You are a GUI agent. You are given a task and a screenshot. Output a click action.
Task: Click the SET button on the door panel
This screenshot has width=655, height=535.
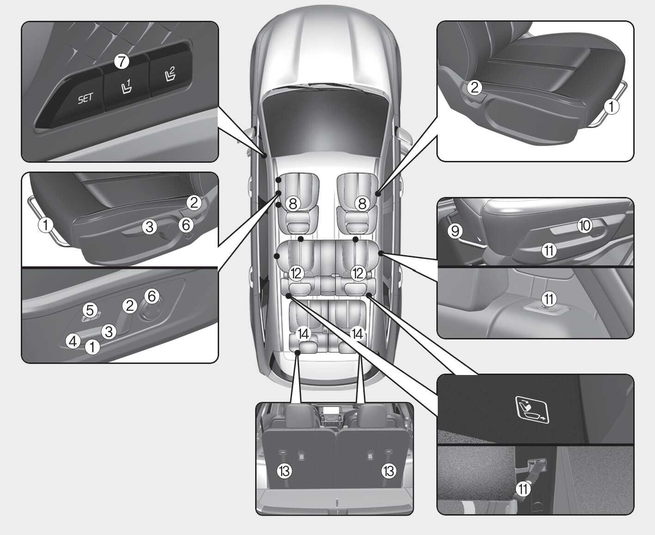(x=74, y=93)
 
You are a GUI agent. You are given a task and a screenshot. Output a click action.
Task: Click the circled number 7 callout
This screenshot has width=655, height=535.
(x=122, y=61)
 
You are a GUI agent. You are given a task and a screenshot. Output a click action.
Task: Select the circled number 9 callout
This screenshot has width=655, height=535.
(x=455, y=231)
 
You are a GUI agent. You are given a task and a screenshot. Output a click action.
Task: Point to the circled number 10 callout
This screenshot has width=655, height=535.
(x=585, y=225)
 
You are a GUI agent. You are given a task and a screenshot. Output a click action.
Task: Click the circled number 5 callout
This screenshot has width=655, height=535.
(x=90, y=310)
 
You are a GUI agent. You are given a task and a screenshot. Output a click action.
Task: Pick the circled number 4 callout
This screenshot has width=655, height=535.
(x=73, y=341)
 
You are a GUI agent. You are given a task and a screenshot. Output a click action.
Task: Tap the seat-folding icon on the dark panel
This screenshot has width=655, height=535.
(x=532, y=410)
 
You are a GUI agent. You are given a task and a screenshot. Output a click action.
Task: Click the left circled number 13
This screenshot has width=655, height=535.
(x=284, y=471)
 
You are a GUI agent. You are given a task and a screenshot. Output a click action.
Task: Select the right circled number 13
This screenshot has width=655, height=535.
(x=389, y=471)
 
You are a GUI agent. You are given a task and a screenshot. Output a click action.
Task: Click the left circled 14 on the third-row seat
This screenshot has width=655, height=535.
(x=303, y=334)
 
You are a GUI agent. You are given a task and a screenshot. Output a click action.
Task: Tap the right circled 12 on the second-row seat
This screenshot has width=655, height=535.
(x=358, y=273)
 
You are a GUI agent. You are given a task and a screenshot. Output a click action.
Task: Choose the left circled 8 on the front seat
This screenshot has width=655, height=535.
(x=293, y=204)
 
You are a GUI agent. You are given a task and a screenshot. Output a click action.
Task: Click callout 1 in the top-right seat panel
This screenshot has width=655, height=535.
(x=612, y=106)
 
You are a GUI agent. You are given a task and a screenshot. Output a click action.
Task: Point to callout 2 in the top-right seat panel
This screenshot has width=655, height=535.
(x=474, y=87)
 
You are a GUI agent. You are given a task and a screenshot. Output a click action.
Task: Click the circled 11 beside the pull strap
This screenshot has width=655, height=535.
(x=523, y=489)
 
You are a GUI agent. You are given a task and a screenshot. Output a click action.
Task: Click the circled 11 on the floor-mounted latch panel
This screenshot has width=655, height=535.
(x=549, y=299)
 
